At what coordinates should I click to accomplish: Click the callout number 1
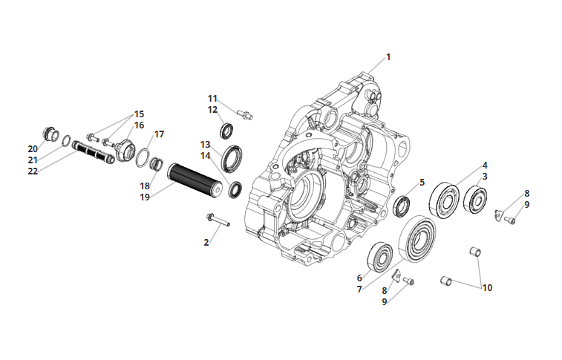click(388, 57)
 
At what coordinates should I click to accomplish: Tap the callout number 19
click(145, 197)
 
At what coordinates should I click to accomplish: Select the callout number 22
click(33, 171)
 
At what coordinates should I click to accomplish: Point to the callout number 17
click(159, 134)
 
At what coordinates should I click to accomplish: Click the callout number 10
click(487, 288)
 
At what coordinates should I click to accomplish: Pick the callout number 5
click(422, 183)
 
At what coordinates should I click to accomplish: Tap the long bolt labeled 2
click(218, 220)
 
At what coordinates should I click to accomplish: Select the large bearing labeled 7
click(417, 238)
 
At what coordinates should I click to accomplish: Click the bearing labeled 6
click(380, 257)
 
